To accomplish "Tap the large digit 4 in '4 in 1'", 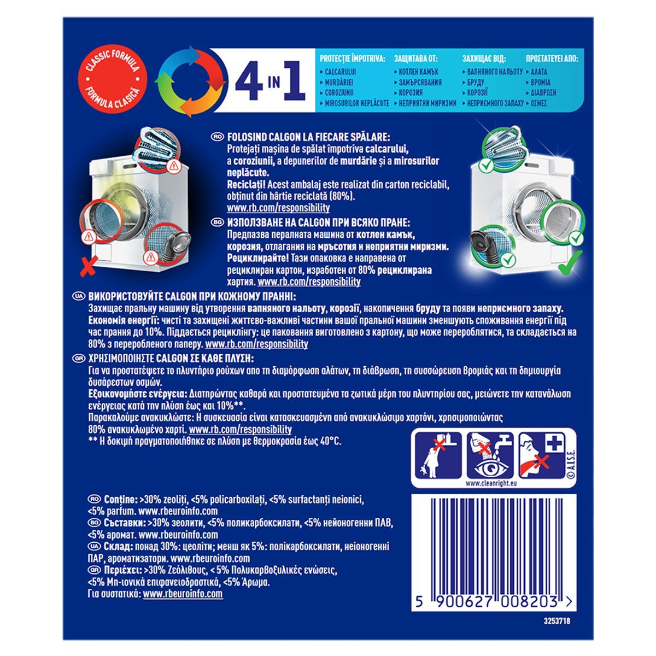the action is pyautogui.click(x=249, y=80).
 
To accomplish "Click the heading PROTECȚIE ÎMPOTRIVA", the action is pyautogui.click(x=353, y=58).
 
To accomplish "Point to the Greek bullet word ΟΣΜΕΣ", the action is pyautogui.click(x=538, y=103).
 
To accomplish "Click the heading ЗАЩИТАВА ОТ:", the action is pyautogui.click(x=415, y=58).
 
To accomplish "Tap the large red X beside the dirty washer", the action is pyautogui.click(x=89, y=266).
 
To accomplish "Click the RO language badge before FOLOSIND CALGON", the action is pyautogui.click(x=218, y=137).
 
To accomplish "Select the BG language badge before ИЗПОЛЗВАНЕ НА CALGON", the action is pyautogui.click(x=218, y=222).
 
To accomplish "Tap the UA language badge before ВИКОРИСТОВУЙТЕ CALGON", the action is pyautogui.click(x=79, y=296).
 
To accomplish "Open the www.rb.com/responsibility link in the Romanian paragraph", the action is pyautogui.click(x=278, y=208).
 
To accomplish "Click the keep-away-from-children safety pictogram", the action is pyautogui.click(x=438, y=455).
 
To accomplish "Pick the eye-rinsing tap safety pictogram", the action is pyautogui.click(x=490, y=455).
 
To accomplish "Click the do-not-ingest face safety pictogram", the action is pyautogui.click(x=542, y=455).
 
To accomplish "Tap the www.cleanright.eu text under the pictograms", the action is pyautogui.click(x=491, y=483).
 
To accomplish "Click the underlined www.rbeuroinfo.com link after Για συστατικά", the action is pyautogui.click(x=183, y=594).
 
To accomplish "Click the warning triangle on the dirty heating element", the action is pyautogui.click(x=174, y=167).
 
